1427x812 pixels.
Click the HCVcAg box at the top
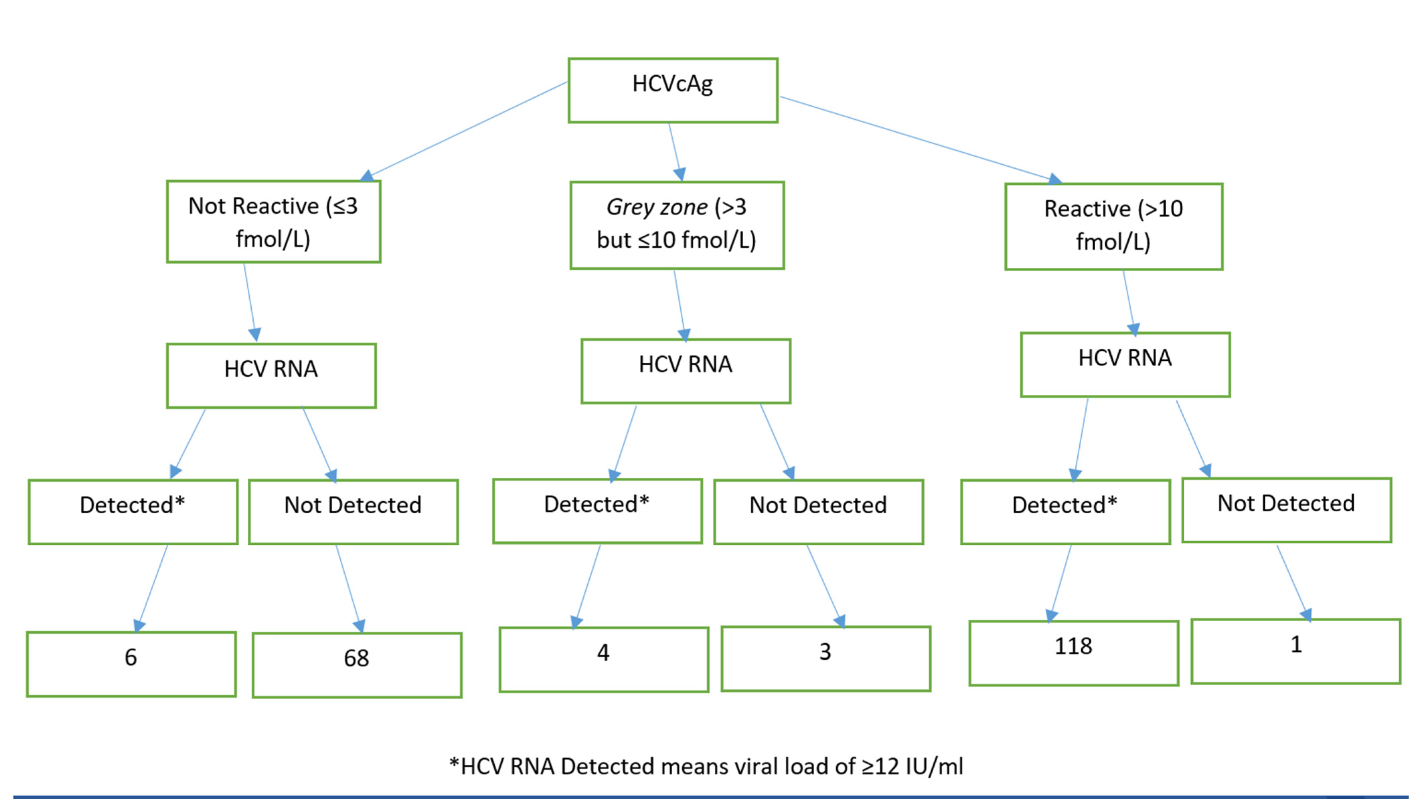[672, 90]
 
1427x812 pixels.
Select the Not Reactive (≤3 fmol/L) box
[273, 222]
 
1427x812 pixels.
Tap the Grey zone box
[677, 225]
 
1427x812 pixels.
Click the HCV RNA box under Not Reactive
[271, 375]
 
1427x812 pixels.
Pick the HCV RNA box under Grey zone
[686, 371]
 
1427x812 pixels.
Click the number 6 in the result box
[131, 657]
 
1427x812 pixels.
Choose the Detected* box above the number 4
[597, 510]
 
